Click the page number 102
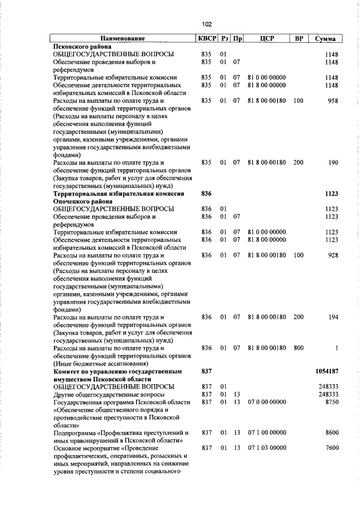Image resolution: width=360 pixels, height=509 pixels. click(207, 24)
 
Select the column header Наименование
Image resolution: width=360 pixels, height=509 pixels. click(124, 39)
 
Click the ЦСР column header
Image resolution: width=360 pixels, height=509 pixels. click(267, 39)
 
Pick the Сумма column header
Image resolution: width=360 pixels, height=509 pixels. click(326, 39)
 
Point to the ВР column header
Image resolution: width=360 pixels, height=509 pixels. click(299, 39)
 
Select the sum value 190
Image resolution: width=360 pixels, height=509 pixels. click(332, 163)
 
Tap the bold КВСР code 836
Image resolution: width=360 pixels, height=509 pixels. click(206, 193)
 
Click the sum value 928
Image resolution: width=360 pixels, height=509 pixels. click(332, 255)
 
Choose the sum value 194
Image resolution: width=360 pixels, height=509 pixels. click(332, 317)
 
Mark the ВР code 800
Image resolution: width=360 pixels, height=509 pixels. click(298, 348)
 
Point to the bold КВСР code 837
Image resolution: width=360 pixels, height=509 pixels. click(206, 372)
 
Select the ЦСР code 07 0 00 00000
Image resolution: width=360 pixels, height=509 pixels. click(267, 402)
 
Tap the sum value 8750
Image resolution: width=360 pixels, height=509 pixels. click(331, 402)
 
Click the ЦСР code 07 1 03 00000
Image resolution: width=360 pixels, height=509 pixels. click(267, 448)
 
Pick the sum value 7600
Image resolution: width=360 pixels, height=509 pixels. click(331, 448)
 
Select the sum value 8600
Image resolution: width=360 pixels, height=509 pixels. click(331, 433)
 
